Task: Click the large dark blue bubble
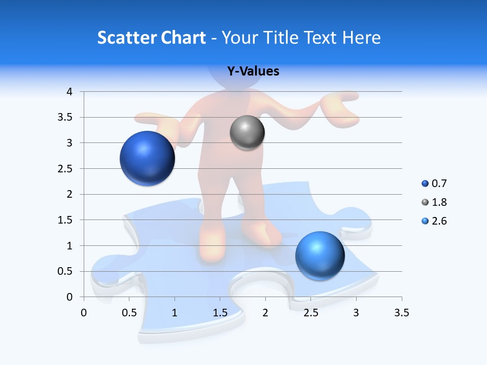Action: pyautogui.click(x=148, y=158)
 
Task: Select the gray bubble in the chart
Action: pyautogui.click(x=247, y=132)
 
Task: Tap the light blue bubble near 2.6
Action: pyautogui.click(x=320, y=255)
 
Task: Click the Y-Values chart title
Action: pyautogui.click(x=253, y=71)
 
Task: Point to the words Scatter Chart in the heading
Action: pyautogui.click(x=152, y=38)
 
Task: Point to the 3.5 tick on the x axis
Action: pyautogui.click(x=401, y=313)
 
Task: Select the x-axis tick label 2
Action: pyautogui.click(x=265, y=313)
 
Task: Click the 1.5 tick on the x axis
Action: pyautogui.click(x=220, y=313)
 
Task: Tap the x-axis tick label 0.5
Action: pyautogui.click(x=129, y=313)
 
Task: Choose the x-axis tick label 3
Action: pyautogui.click(x=356, y=313)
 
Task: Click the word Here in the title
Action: pyautogui.click(x=361, y=38)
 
